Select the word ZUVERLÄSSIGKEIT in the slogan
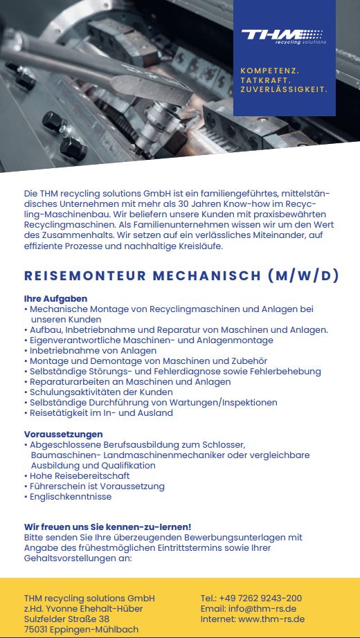[284, 89]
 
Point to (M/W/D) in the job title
[303, 275]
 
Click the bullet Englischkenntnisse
[72, 497]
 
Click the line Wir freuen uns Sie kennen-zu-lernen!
[107, 527]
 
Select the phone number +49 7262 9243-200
[260, 598]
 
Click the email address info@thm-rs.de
[267, 608]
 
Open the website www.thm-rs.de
[271, 619]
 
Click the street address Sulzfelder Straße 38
[66, 619]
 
